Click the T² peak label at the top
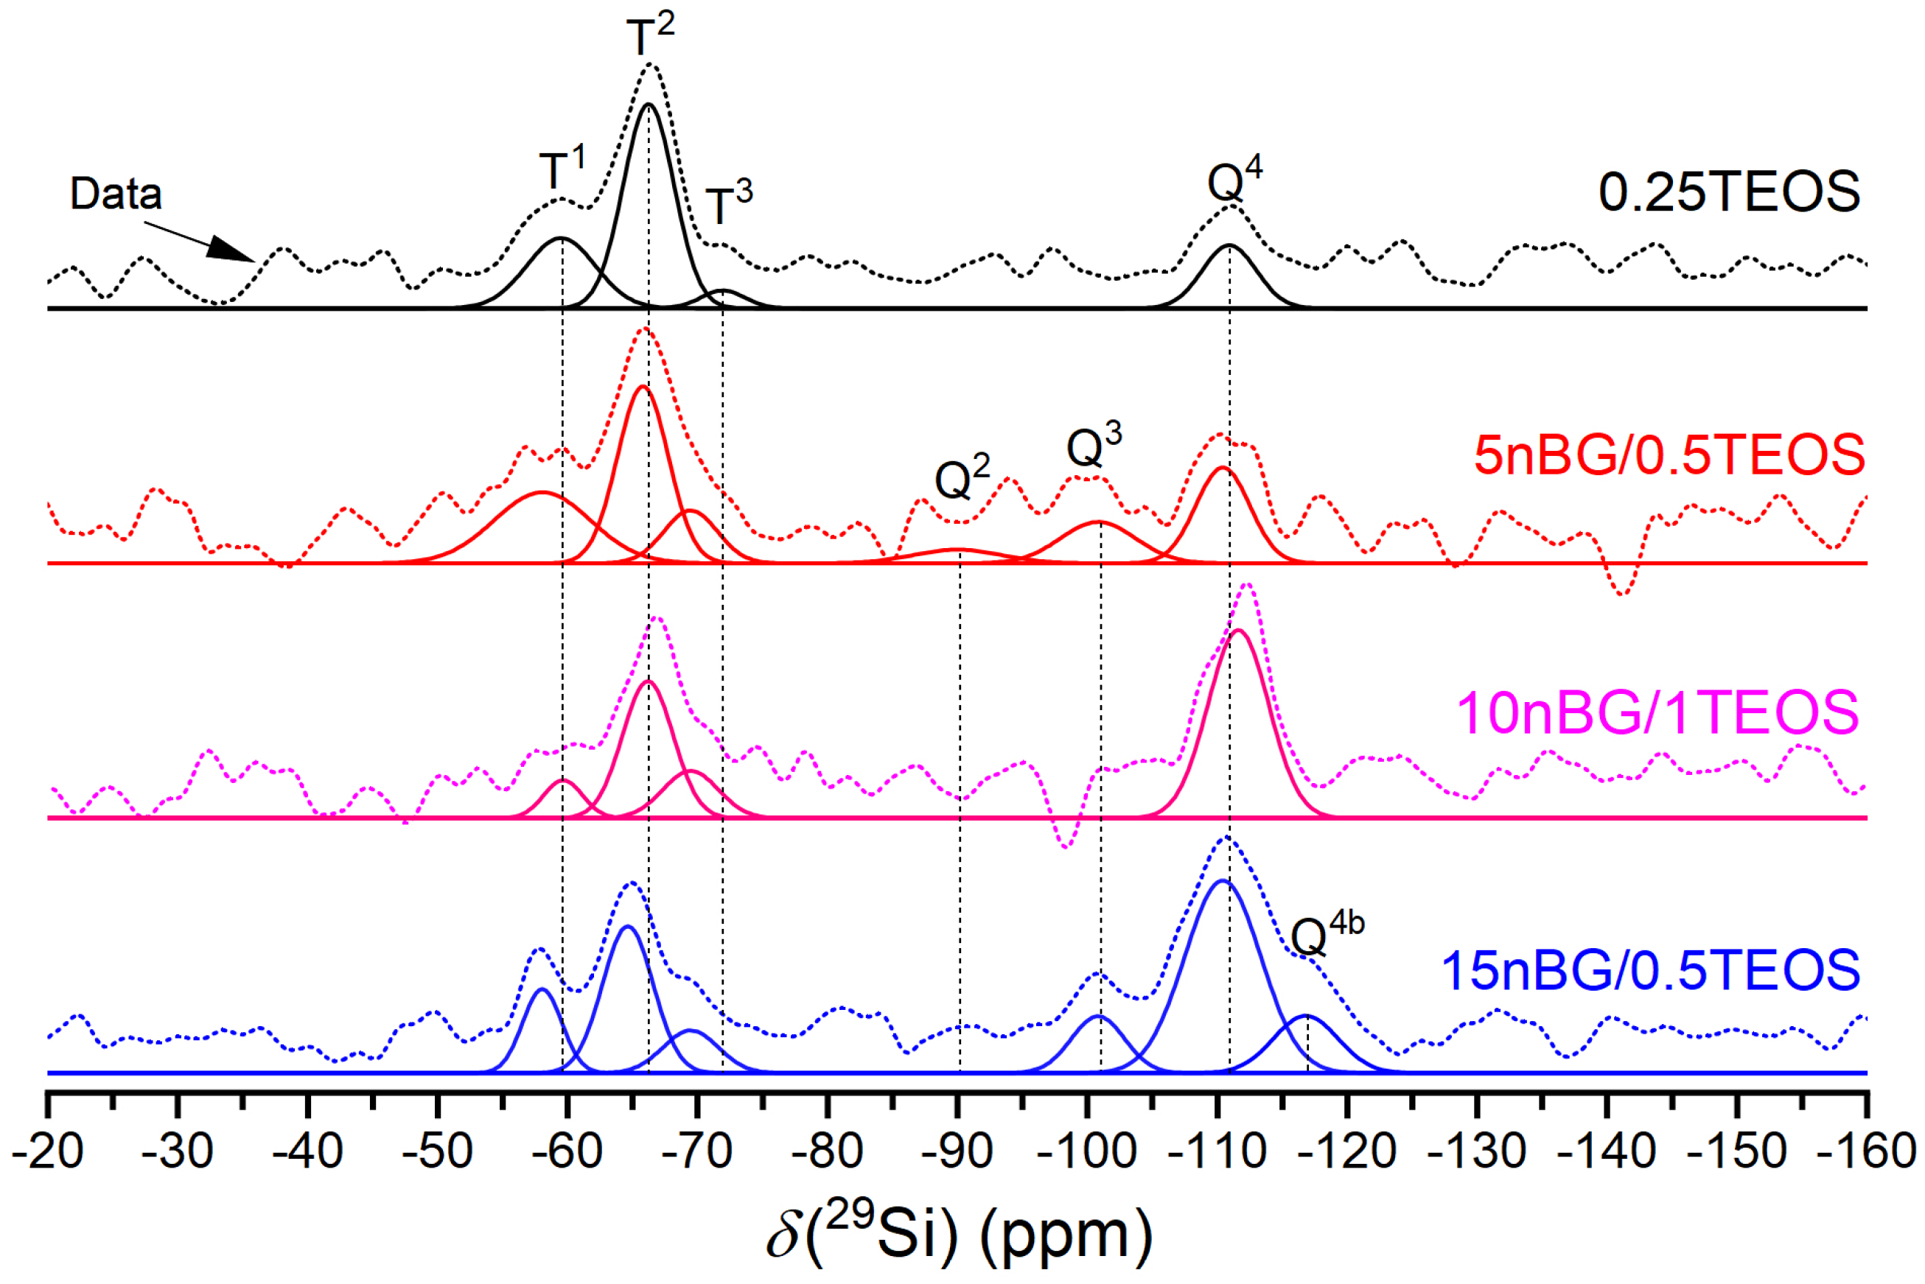(x=649, y=35)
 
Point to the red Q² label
(x=962, y=478)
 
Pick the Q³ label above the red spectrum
(x=1093, y=446)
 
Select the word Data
(x=116, y=194)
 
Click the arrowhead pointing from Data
(x=234, y=250)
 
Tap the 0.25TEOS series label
(x=1728, y=192)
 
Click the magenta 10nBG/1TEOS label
(x=1656, y=712)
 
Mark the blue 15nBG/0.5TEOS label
(x=1650, y=971)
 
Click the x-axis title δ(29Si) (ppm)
(x=958, y=1235)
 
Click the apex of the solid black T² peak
(x=649, y=104)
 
